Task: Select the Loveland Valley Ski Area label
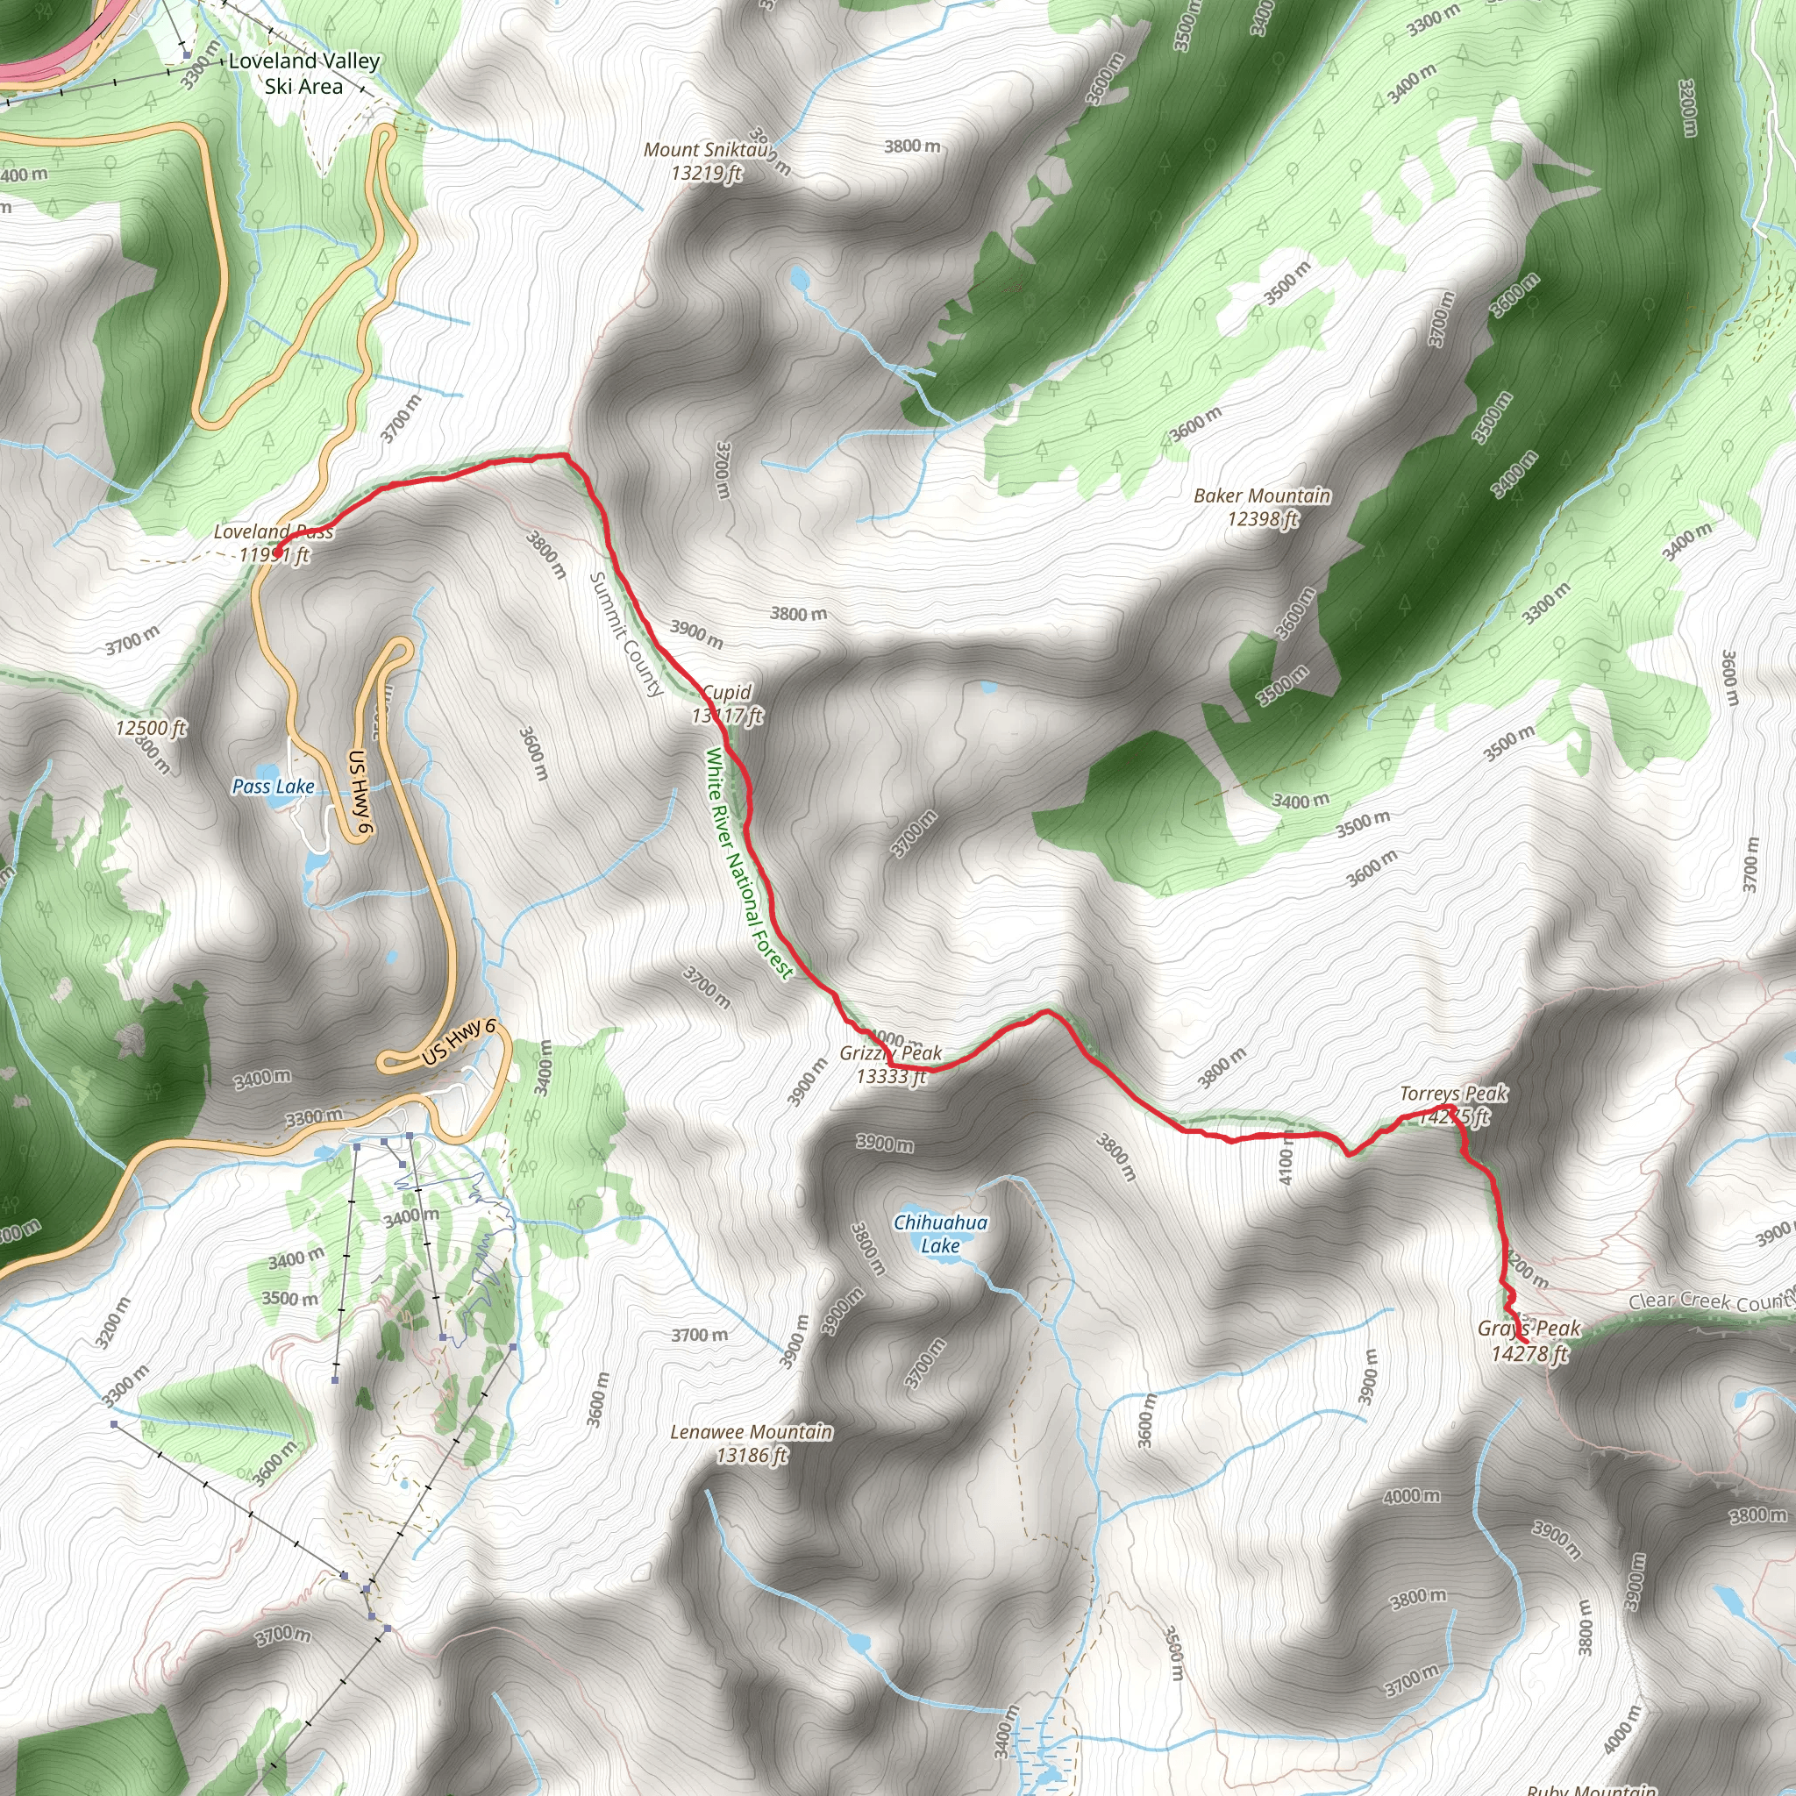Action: (304, 74)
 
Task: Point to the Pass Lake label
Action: (273, 787)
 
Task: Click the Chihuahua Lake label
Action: (940, 1234)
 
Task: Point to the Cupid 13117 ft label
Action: (727, 703)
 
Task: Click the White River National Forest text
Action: (748, 863)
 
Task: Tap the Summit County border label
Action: (625, 634)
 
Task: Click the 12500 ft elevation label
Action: (151, 728)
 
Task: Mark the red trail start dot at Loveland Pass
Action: (276, 554)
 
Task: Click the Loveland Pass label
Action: (274, 532)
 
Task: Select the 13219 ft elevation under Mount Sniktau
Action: (707, 173)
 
